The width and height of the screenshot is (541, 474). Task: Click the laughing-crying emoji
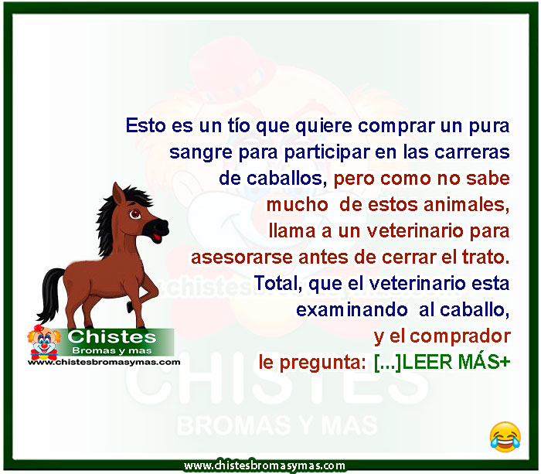click(x=505, y=437)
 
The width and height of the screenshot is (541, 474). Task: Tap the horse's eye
click(x=135, y=214)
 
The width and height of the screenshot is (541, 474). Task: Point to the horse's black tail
click(x=51, y=294)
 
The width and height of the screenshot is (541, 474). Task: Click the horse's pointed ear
click(x=119, y=196)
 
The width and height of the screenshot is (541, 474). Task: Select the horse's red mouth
click(x=157, y=237)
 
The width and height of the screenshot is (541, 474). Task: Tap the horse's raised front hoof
click(x=130, y=306)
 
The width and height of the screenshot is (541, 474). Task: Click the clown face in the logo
click(x=44, y=342)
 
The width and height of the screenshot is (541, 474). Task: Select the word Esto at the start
click(x=145, y=125)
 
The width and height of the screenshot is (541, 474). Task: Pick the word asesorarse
click(x=241, y=257)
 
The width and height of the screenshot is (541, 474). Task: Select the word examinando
click(x=352, y=309)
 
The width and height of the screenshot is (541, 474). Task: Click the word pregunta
click(x=322, y=363)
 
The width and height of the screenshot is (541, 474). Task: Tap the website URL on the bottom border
click(x=264, y=465)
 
